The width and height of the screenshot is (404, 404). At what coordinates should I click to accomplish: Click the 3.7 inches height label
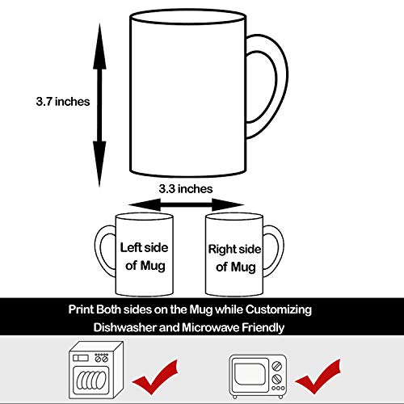[62, 102]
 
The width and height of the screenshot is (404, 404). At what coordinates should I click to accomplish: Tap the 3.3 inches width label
[185, 188]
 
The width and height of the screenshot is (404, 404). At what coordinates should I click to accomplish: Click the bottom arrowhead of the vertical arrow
[99, 169]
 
